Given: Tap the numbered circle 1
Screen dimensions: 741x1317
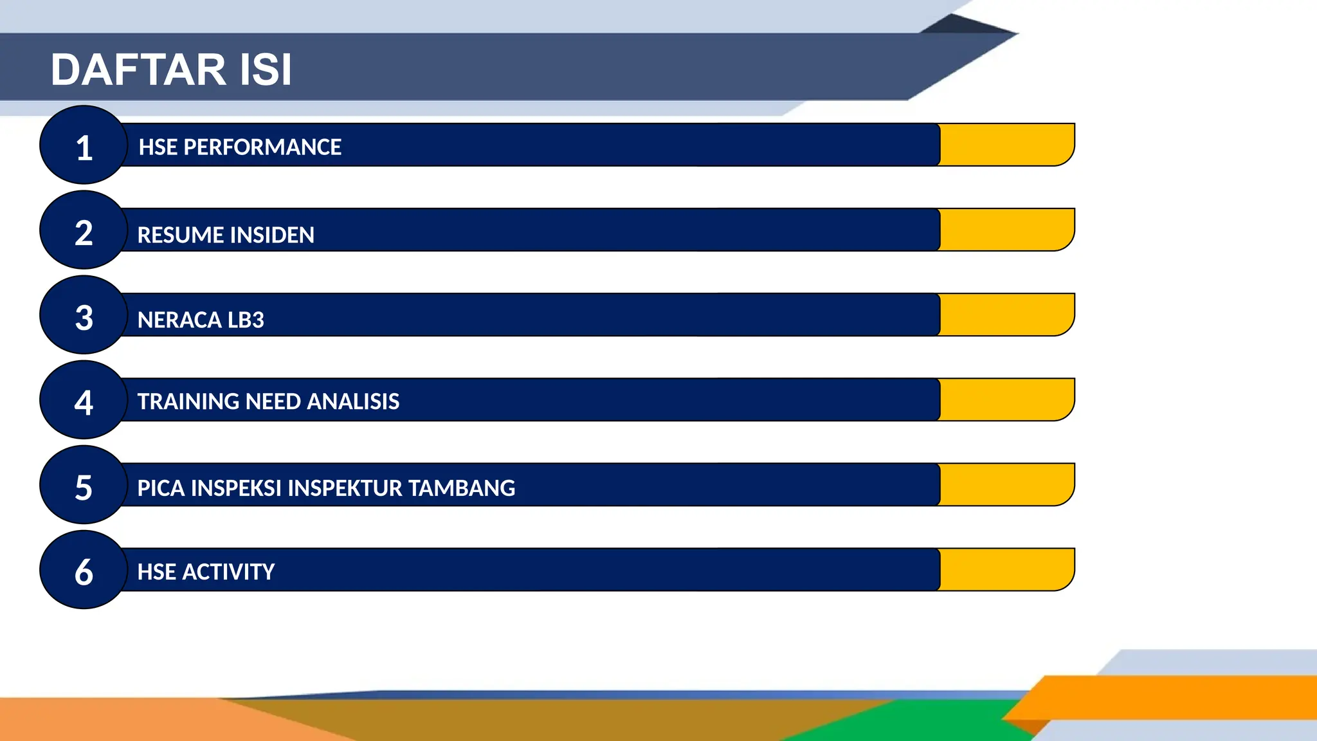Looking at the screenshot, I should pos(84,145).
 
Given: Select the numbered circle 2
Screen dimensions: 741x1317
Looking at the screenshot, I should pos(84,230).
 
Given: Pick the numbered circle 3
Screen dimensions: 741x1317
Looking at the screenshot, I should pos(84,315).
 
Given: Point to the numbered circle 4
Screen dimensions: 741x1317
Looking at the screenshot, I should pos(84,400).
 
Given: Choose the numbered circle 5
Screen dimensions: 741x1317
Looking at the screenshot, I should pos(84,485).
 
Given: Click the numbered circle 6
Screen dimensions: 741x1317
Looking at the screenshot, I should pos(84,570).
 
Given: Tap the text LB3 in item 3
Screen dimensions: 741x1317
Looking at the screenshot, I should pos(245,320).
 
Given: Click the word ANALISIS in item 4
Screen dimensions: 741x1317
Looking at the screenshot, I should pos(353,401).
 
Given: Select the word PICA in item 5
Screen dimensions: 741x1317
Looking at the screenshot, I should pos(161,488).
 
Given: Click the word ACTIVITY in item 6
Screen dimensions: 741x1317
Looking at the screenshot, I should pos(228,572).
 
